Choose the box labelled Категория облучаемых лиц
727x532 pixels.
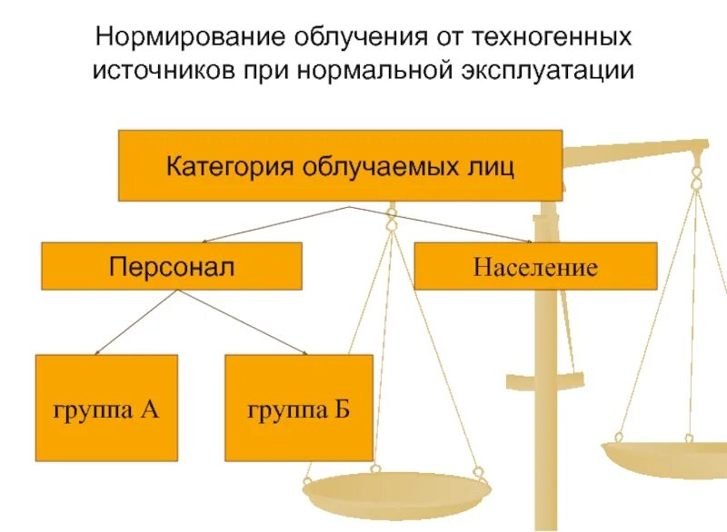tap(340, 166)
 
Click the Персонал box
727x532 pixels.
tap(172, 266)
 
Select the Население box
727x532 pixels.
tap(535, 266)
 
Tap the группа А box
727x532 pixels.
tap(106, 408)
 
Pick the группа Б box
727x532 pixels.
tap(299, 408)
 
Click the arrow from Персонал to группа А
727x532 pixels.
tap(136, 322)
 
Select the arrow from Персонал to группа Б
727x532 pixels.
tap(245, 322)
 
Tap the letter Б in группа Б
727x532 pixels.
tap(341, 408)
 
